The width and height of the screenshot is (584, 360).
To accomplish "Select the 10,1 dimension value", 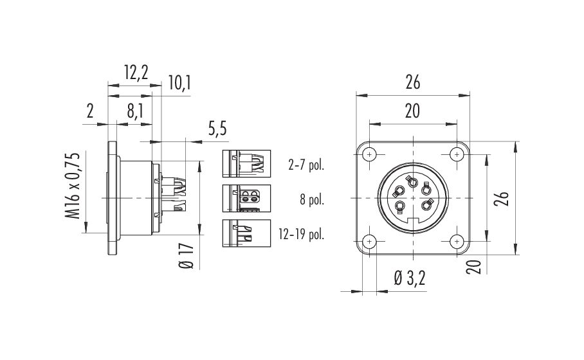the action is tap(179, 83).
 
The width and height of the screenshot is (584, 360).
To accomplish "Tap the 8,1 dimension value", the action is tap(134, 111).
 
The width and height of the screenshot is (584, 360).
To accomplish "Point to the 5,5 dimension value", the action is tap(217, 129).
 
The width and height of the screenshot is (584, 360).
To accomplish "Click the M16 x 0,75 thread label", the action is tap(73, 185).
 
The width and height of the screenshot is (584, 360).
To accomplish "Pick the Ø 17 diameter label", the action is tap(187, 256).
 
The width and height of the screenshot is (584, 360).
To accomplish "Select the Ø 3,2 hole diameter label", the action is tap(410, 278).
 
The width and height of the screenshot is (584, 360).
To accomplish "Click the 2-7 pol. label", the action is tap(306, 165).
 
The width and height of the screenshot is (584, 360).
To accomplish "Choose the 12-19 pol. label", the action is tap(301, 234).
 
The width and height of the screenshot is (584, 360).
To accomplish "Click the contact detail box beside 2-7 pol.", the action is tap(246, 163).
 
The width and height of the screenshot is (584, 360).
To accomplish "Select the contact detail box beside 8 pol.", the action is tap(246, 199).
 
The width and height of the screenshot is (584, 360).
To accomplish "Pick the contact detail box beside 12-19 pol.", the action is tap(246, 233).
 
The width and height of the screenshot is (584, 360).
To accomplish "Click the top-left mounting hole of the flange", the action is tap(369, 154).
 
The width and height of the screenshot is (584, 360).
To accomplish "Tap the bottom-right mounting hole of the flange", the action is tap(457, 242).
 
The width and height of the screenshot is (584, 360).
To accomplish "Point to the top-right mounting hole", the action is tap(457, 154).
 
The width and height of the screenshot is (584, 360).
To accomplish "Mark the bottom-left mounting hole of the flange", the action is tap(369, 242).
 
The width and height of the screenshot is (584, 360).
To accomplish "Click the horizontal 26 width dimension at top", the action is tap(413, 82).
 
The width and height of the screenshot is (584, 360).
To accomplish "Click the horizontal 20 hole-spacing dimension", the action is tap(412, 111).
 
